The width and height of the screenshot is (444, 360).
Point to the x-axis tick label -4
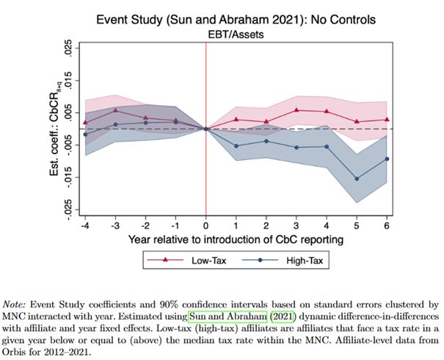(x=84, y=226)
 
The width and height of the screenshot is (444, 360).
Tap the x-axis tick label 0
(x=205, y=226)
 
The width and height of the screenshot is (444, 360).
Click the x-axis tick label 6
(x=387, y=226)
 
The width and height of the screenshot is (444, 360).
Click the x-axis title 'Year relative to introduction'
(x=236, y=239)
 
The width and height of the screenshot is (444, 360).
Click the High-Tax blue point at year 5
(x=357, y=179)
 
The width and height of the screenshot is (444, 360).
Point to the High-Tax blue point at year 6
(x=387, y=159)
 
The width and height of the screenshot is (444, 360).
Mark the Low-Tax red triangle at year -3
(x=115, y=110)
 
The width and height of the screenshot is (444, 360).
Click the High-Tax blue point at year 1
(x=236, y=145)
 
